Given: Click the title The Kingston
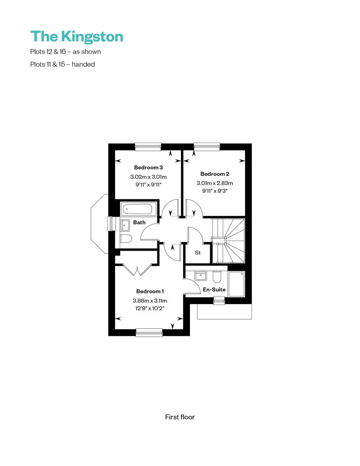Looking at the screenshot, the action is (76, 37).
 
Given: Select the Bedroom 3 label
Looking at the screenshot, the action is (148, 168).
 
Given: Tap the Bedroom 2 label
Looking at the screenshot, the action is (215, 174).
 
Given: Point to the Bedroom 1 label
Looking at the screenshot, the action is (150, 291).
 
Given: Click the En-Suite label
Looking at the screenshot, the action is (214, 290).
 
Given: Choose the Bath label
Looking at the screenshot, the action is (139, 222).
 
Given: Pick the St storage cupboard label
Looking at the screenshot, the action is (198, 253).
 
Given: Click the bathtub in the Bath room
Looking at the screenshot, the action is (137, 209).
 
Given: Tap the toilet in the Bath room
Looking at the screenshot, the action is (126, 239).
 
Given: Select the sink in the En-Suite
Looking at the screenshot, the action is (201, 276).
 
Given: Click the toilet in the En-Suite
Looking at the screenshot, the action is (217, 277).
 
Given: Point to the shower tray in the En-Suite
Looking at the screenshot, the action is (236, 283).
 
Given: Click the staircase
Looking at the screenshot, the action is (228, 241).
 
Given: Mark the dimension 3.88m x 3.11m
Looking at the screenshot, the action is (150, 301).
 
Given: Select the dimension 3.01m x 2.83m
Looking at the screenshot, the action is (215, 183).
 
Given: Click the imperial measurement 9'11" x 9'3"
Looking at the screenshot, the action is (215, 191).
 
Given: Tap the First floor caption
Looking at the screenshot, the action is (180, 417).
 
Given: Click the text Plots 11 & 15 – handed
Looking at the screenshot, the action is (63, 64).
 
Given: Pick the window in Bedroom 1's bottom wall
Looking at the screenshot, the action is (149, 332).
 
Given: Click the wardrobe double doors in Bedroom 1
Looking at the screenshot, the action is (137, 270).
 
